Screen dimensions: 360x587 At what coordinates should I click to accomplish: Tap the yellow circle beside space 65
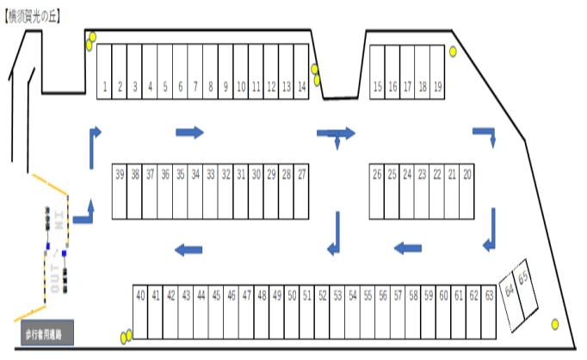tap(555, 324)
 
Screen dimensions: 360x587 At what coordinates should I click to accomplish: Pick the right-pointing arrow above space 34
tap(189, 132)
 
